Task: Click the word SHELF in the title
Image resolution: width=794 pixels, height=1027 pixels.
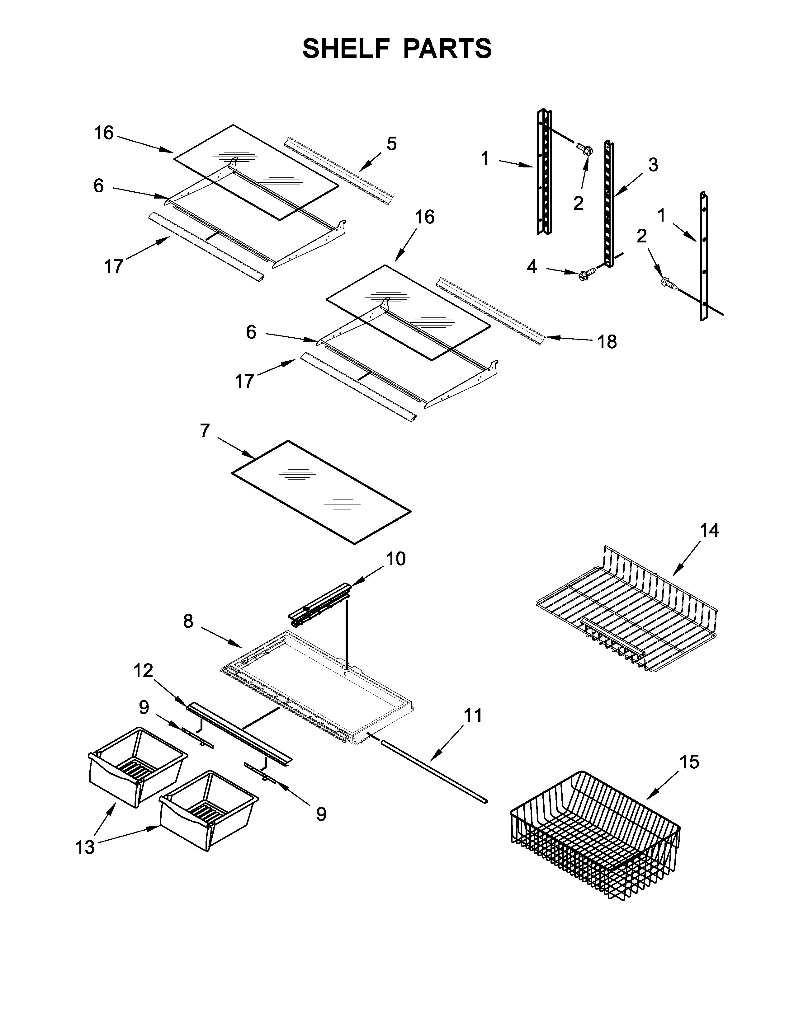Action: coord(347,49)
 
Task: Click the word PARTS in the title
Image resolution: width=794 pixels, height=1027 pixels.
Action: coord(447,49)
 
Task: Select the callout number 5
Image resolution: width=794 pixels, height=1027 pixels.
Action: coord(391,143)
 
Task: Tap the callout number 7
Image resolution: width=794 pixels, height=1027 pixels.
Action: coord(204,431)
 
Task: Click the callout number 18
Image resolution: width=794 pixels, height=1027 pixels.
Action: coord(607,342)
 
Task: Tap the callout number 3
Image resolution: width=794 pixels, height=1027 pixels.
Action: coord(653,165)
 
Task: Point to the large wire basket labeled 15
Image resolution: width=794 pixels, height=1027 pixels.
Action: coord(595,835)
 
